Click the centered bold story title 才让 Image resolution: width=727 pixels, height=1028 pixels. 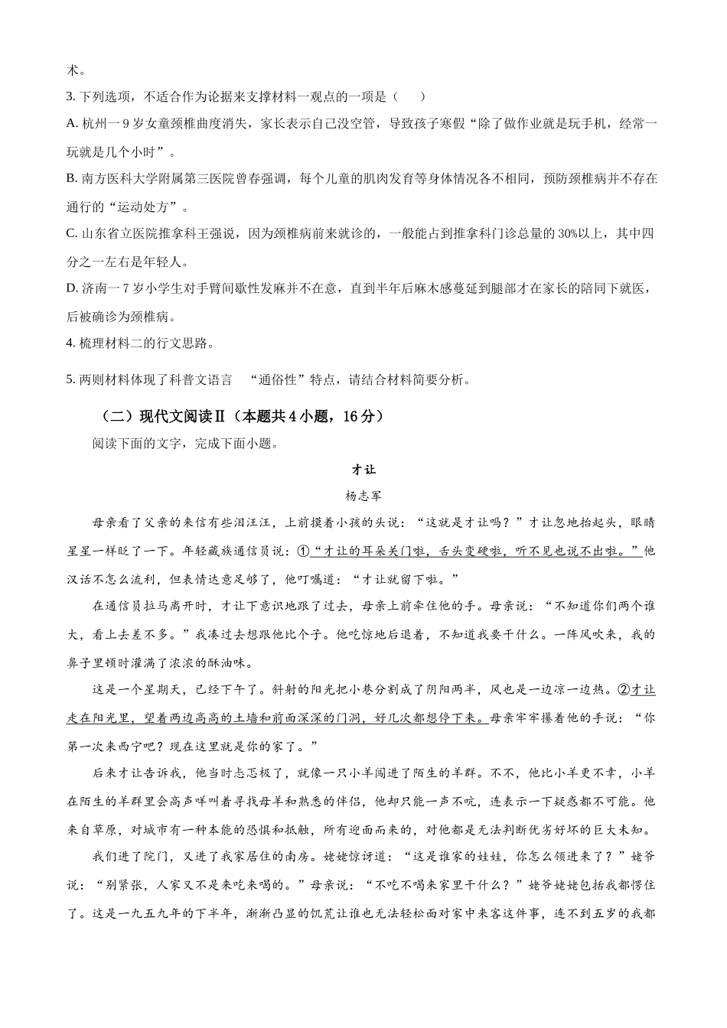pos(363,470)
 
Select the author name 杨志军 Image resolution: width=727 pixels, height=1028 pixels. pos(363,496)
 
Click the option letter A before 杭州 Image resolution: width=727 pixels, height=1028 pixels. pos(72,123)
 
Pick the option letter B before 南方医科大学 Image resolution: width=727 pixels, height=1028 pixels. pos(72,179)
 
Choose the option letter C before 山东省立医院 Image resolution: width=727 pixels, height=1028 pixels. pos(72,233)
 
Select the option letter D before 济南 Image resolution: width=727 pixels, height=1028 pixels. pos(72,288)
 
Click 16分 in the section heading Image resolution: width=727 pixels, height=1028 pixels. pos(359,416)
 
